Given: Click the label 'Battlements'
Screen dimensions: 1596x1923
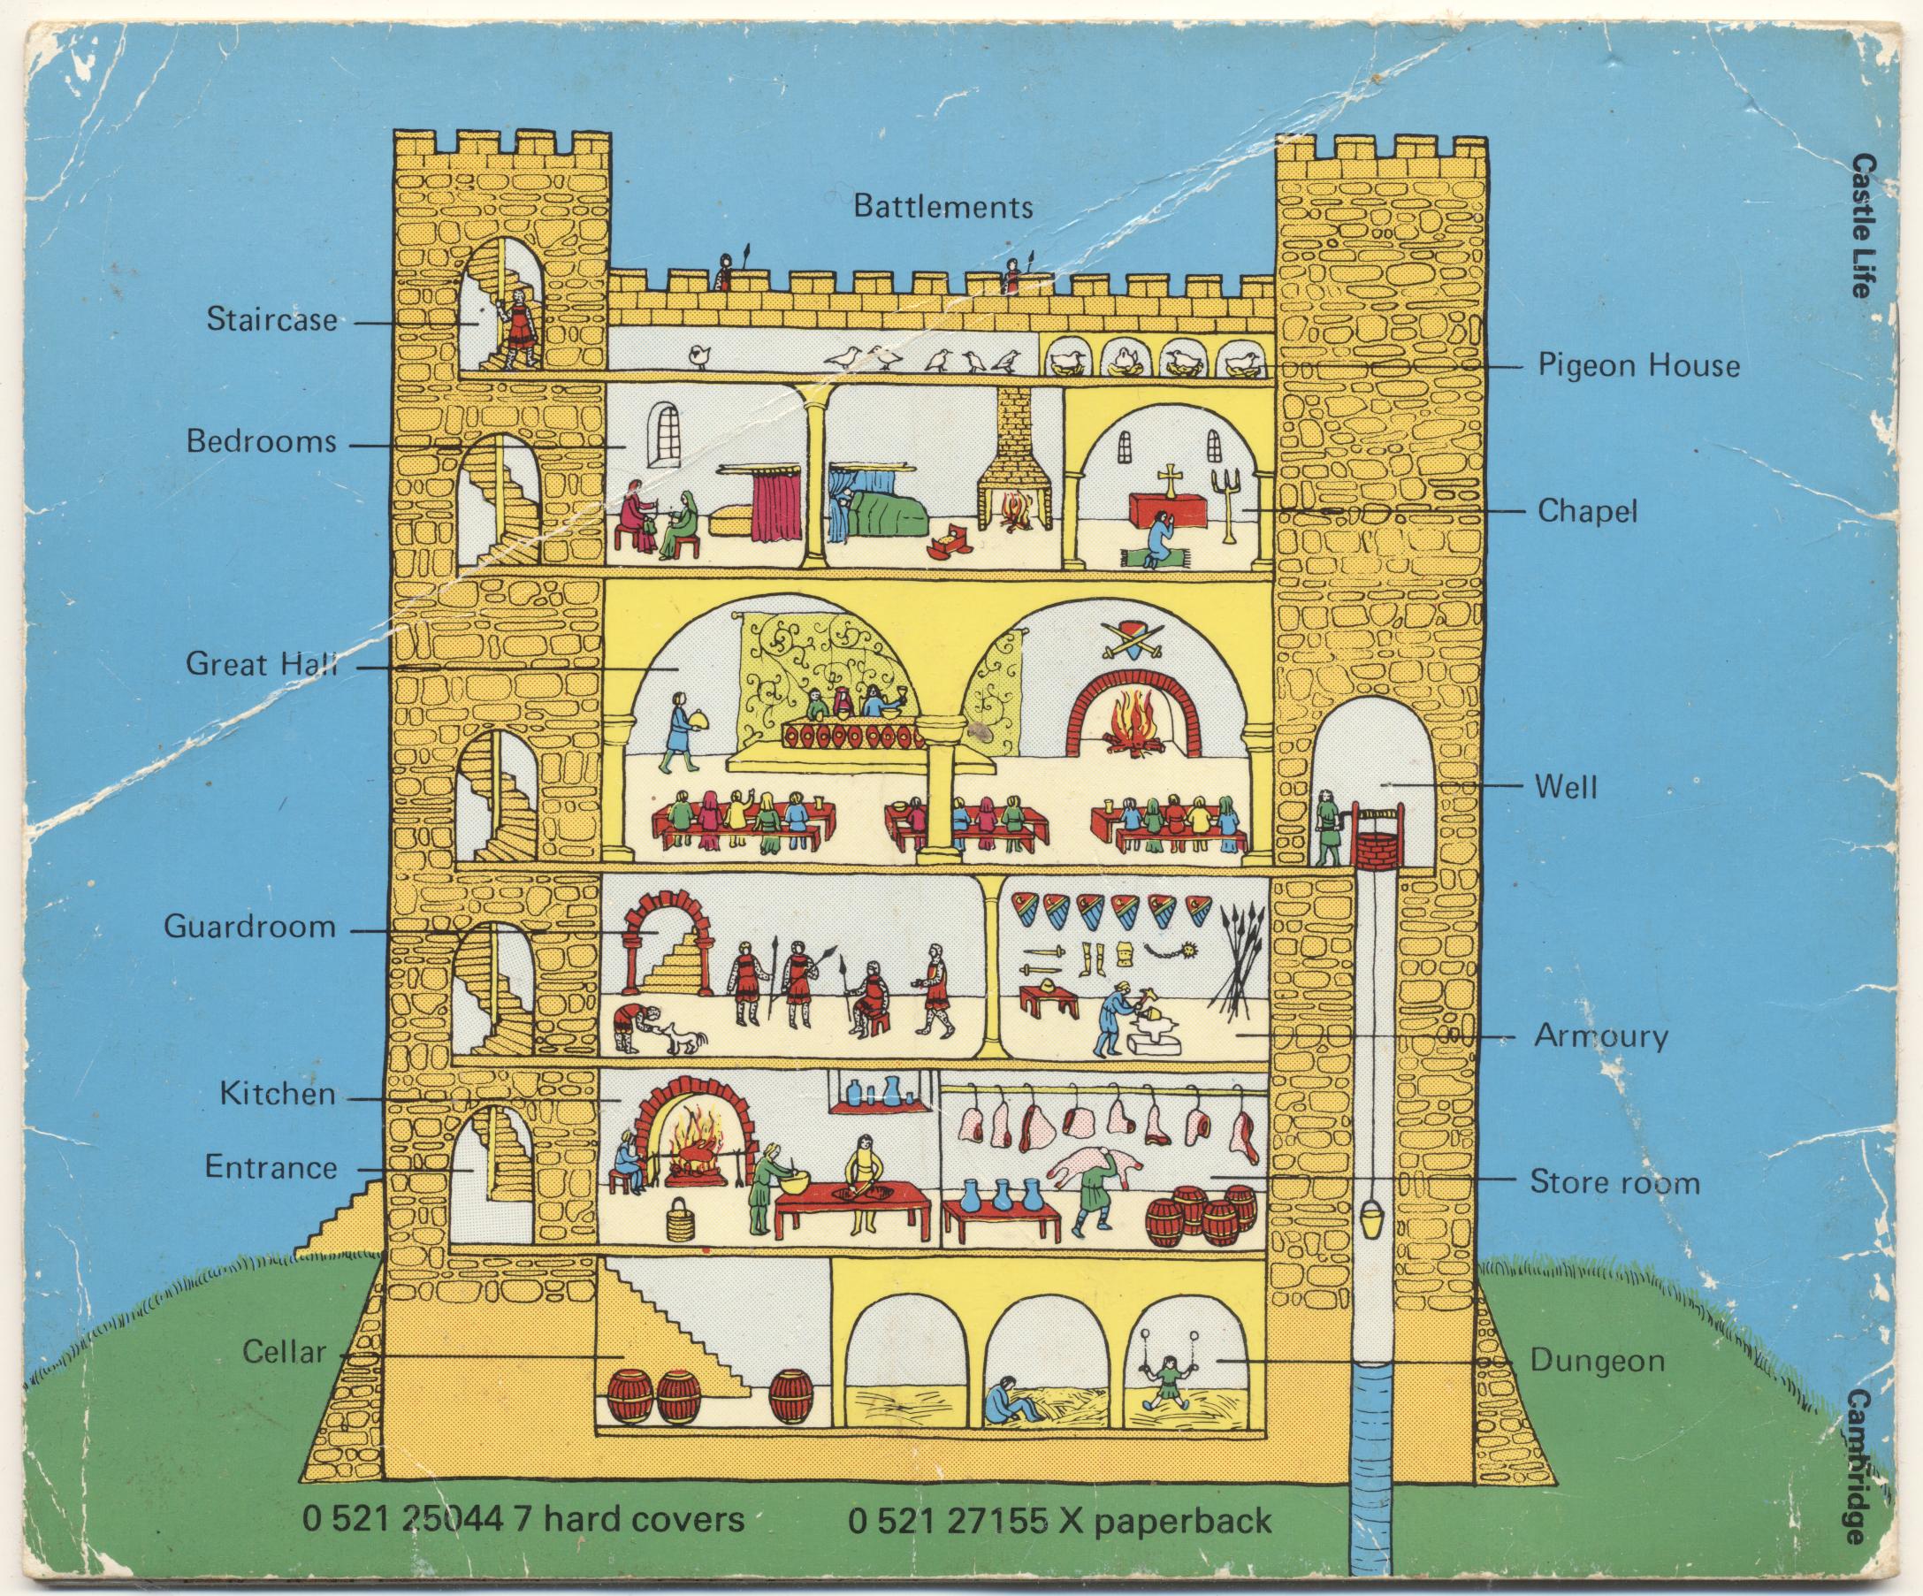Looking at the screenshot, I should pyautogui.click(x=942, y=206).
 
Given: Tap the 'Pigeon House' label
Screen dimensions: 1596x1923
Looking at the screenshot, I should pyautogui.click(x=1638, y=366).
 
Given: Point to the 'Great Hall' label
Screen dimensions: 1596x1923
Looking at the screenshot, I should pyautogui.click(x=261, y=664).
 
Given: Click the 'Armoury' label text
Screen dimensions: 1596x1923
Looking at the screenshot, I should pyautogui.click(x=1600, y=1036).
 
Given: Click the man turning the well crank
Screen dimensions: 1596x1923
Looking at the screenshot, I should pyautogui.click(x=1327, y=827).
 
